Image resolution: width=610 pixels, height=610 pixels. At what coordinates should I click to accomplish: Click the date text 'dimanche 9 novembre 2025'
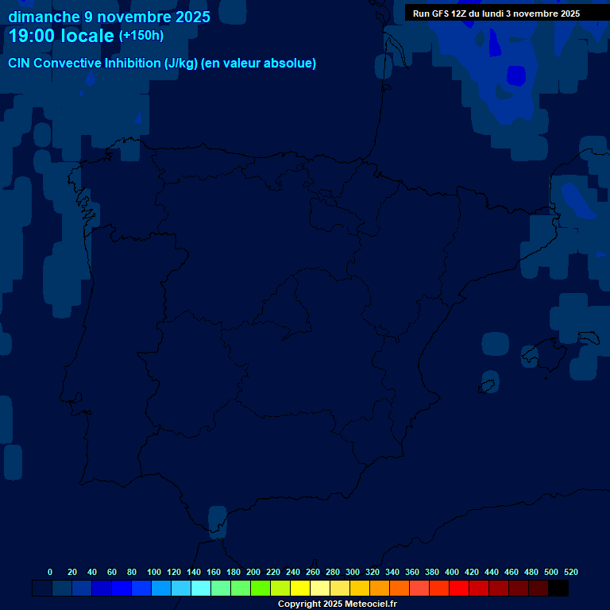click(x=109, y=17)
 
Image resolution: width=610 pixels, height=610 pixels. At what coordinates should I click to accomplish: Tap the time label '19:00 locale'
click(x=61, y=36)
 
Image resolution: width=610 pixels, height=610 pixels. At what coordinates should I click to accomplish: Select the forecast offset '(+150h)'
click(x=141, y=36)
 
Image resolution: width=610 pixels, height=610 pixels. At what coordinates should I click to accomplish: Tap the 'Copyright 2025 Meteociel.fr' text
click(x=337, y=604)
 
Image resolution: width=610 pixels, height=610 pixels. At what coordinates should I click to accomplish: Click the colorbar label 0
click(x=50, y=572)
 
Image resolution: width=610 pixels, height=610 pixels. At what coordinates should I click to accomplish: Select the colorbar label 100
click(x=154, y=572)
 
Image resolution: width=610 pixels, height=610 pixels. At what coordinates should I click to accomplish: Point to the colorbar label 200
click(x=253, y=572)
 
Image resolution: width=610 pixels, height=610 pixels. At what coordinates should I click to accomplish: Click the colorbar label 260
click(x=313, y=572)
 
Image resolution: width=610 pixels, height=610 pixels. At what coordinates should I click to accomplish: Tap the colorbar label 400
click(x=452, y=572)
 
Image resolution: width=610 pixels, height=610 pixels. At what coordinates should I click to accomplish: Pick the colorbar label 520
click(x=571, y=572)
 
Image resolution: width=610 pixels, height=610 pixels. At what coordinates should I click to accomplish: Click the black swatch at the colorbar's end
click(x=558, y=589)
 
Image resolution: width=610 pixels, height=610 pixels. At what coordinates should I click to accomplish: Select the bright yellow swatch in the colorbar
click(x=300, y=589)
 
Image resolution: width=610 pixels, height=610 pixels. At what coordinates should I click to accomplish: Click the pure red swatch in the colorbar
click(x=459, y=589)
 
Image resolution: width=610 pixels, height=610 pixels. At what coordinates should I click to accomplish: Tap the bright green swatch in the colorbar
click(x=261, y=589)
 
